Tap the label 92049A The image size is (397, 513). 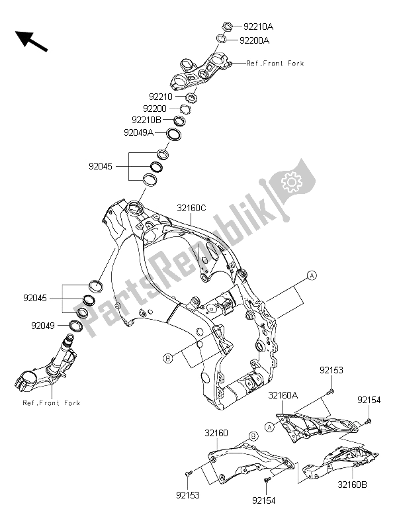[139, 132]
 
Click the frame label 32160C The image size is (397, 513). [191, 208]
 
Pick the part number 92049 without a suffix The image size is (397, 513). [44, 325]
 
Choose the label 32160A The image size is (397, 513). [283, 395]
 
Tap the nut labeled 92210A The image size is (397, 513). [224, 26]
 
